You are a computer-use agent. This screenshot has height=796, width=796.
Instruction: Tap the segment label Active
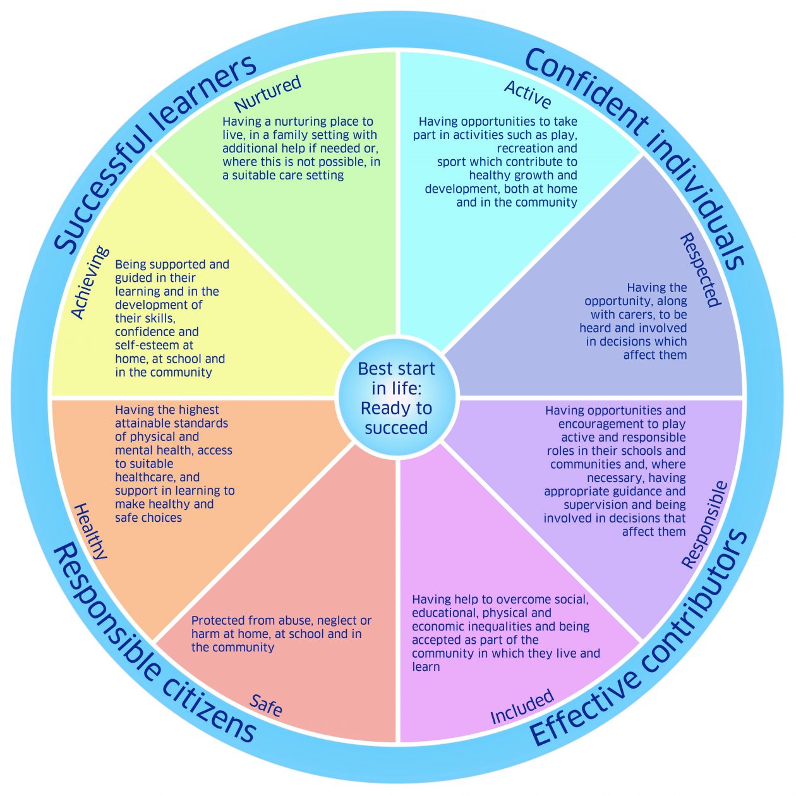click(528, 95)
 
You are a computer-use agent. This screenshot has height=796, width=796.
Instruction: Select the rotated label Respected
click(700, 270)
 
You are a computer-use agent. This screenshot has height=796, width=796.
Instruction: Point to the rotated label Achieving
click(90, 282)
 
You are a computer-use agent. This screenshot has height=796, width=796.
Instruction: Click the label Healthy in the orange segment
click(91, 531)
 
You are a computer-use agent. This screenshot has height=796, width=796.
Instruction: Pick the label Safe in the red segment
click(266, 705)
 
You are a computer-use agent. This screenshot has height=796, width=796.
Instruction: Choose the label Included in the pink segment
click(522, 707)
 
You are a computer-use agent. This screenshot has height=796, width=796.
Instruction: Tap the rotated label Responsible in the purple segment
click(705, 525)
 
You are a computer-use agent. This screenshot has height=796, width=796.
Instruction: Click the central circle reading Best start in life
click(397, 398)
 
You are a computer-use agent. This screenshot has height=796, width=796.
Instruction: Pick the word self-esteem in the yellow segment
click(154, 346)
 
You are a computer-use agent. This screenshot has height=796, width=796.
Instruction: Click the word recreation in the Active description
click(537, 148)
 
